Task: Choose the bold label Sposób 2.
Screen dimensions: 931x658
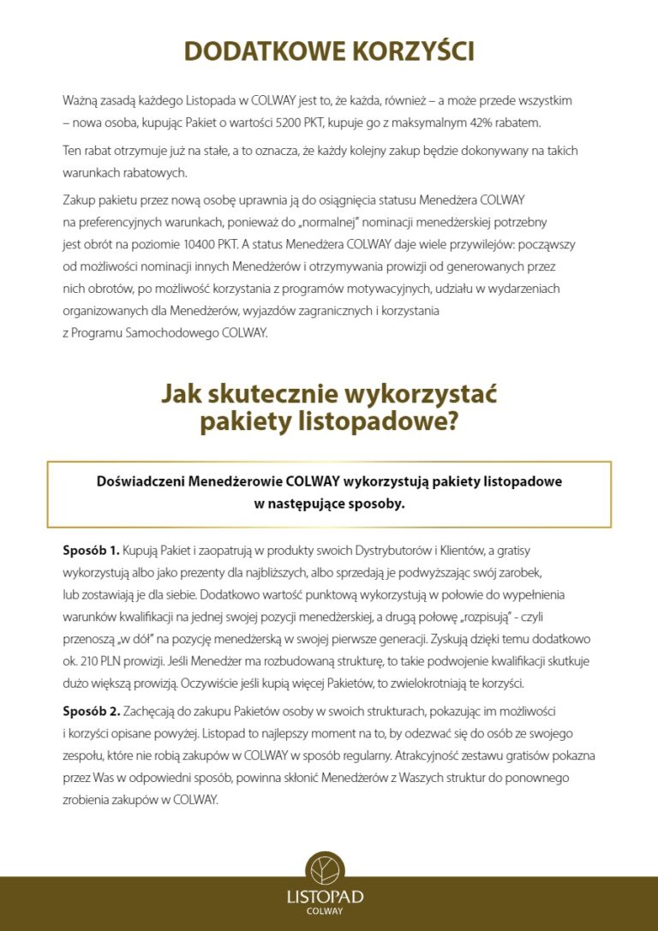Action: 92,712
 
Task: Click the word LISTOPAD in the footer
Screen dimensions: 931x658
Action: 325,897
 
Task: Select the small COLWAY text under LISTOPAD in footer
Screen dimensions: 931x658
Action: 325,912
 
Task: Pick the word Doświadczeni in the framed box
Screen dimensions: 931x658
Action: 141,481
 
